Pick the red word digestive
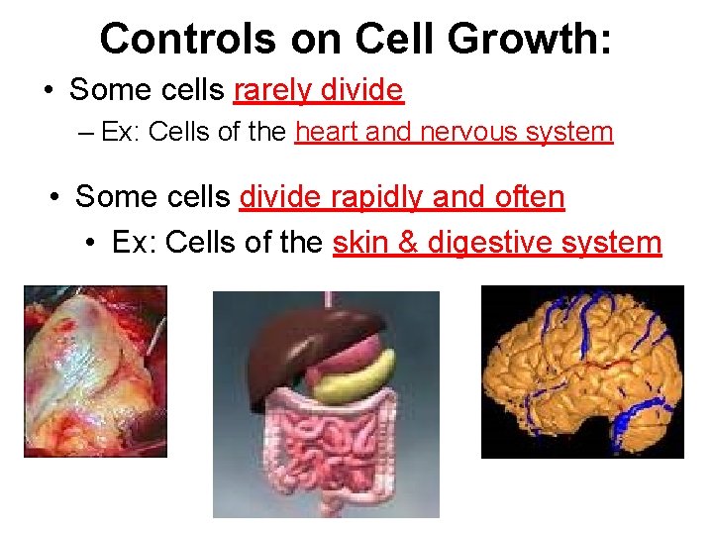click(x=486, y=242)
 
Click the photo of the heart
click(x=95, y=371)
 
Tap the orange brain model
click(x=582, y=372)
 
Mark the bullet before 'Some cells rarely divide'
click(x=49, y=92)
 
